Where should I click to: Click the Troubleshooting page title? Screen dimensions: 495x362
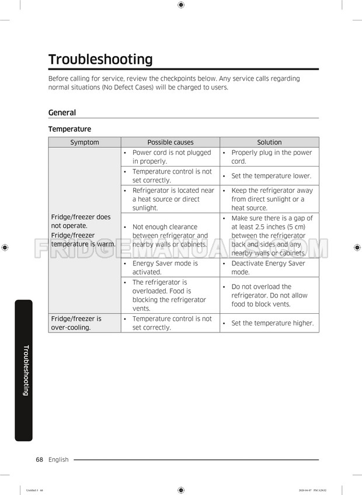100,60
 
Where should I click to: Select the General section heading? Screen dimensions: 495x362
62,113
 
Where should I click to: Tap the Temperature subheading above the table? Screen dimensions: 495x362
69,129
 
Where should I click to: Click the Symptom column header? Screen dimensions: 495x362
85,143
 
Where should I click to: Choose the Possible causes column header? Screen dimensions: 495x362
170,143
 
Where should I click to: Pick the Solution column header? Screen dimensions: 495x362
269,143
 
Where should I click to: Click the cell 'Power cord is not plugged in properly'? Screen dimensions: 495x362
171,157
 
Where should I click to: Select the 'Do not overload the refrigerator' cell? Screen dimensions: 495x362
269,295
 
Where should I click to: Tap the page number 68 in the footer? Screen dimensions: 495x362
40,460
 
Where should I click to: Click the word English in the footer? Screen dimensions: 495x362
58,460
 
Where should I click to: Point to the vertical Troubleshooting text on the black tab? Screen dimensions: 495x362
25,371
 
